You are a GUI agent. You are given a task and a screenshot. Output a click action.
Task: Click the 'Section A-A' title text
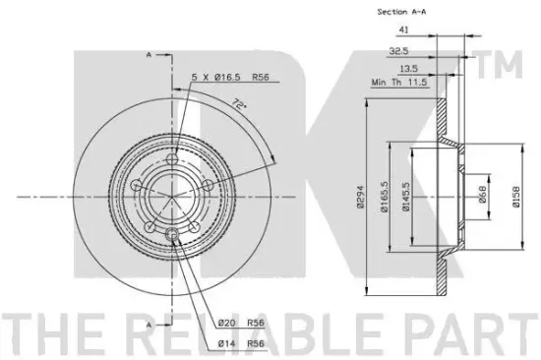[x=401, y=12]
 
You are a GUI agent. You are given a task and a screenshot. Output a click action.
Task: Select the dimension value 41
[x=403, y=30]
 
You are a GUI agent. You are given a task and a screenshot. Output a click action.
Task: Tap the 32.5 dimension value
[x=398, y=51]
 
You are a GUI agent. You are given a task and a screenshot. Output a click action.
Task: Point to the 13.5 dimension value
[x=408, y=69]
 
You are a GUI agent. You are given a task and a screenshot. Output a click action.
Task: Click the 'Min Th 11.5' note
[x=399, y=83]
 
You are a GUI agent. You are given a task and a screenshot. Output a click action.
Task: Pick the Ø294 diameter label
[x=361, y=197]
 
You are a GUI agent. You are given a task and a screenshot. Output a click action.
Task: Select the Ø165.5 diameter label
[x=385, y=197]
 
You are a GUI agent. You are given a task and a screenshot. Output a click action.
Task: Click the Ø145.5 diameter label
[x=406, y=197]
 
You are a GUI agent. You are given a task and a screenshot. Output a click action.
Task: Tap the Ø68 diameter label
[x=483, y=194]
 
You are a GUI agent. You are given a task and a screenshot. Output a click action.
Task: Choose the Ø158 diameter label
[x=516, y=197]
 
